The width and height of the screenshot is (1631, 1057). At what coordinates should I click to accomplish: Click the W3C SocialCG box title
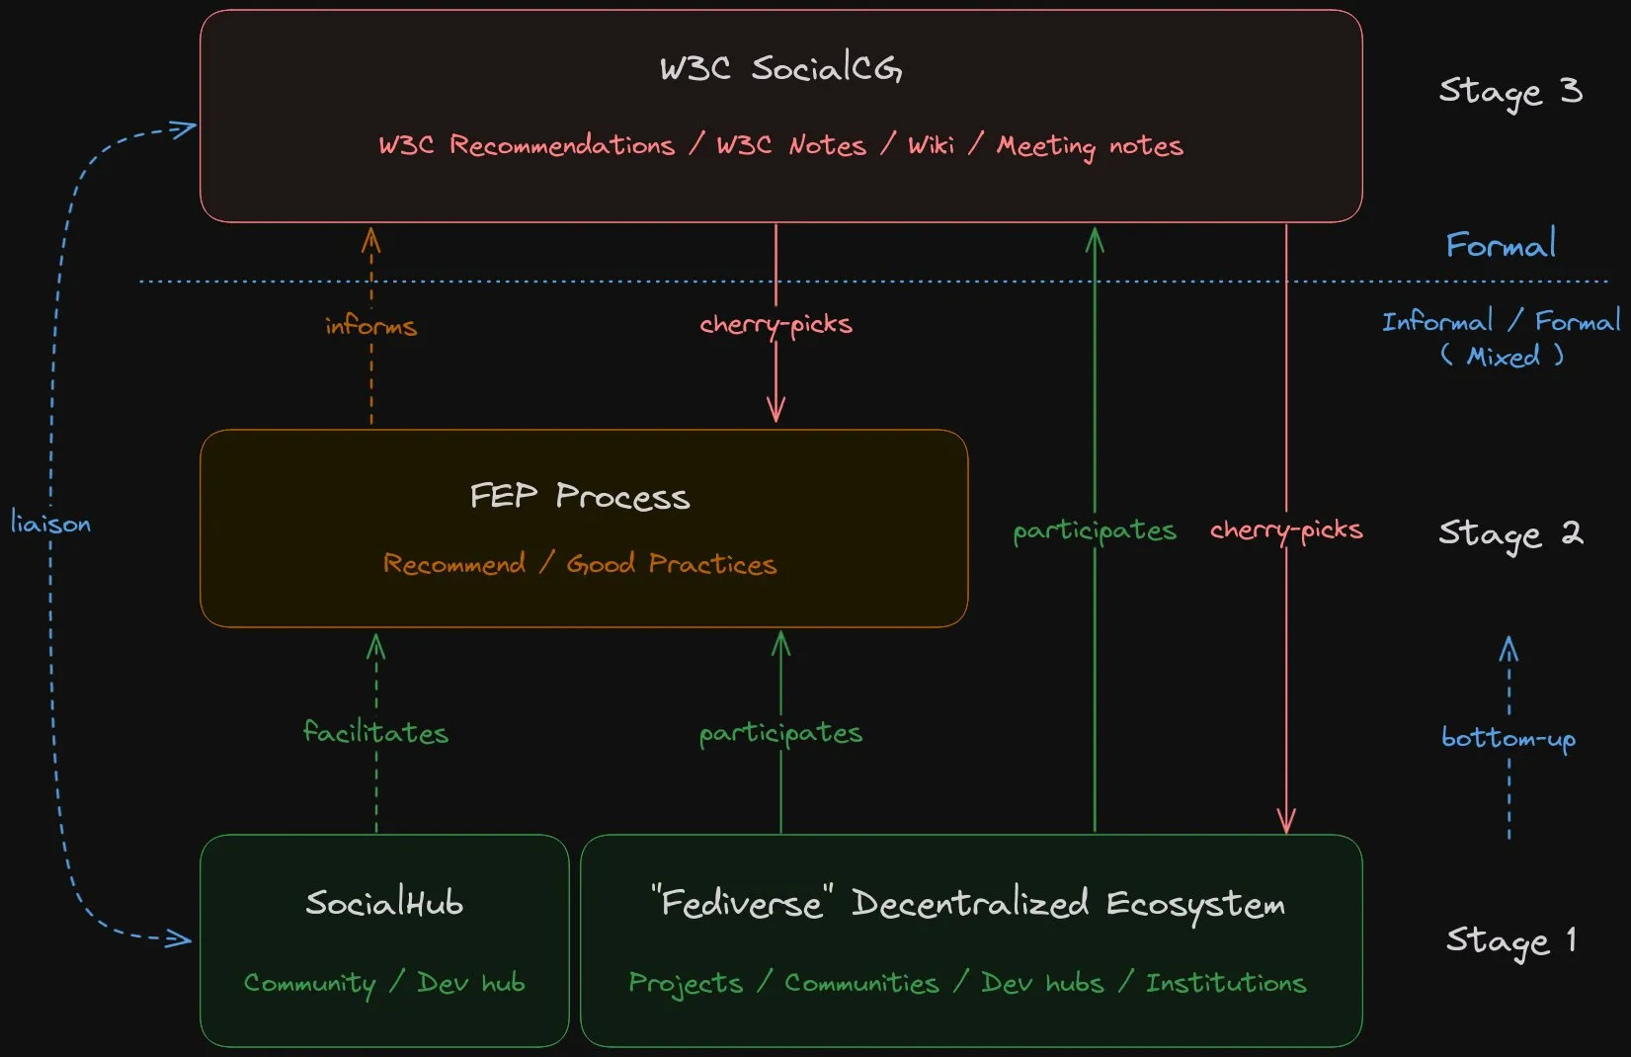(780, 68)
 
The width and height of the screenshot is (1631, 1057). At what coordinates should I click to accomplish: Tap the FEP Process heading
(580, 496)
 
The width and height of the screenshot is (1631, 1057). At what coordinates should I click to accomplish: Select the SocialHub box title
(384, 903)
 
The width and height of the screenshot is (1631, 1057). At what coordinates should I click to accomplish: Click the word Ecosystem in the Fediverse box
(1195, 904)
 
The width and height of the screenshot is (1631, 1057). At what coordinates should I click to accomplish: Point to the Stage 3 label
(1510, 91)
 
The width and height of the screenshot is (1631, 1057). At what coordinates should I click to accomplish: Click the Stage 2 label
(1510, 533)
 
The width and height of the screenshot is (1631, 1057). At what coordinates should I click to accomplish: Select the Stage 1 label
(1510, 940)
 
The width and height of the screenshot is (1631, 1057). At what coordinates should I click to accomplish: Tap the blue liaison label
(50, 523)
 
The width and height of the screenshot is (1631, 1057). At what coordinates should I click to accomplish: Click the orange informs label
(371, 325)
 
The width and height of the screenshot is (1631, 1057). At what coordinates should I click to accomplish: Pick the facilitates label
(375, 732)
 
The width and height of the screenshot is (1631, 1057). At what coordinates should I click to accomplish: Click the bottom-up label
(1509, 738)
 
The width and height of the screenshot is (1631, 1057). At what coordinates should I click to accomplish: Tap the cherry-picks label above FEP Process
(775, 324)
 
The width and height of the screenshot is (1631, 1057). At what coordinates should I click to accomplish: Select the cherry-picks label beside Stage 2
(1286, 530)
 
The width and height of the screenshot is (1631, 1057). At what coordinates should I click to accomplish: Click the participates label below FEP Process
(780, 733)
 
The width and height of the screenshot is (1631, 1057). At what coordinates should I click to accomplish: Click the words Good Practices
(672, 564)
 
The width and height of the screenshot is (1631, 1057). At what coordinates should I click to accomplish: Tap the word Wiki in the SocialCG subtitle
(932, 145)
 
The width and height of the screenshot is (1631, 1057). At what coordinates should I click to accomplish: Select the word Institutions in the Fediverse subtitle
(1226, 983)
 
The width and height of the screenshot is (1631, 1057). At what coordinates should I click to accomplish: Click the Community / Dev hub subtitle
(384, 983)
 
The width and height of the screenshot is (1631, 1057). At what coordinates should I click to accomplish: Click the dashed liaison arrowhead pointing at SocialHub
(183, 938)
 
